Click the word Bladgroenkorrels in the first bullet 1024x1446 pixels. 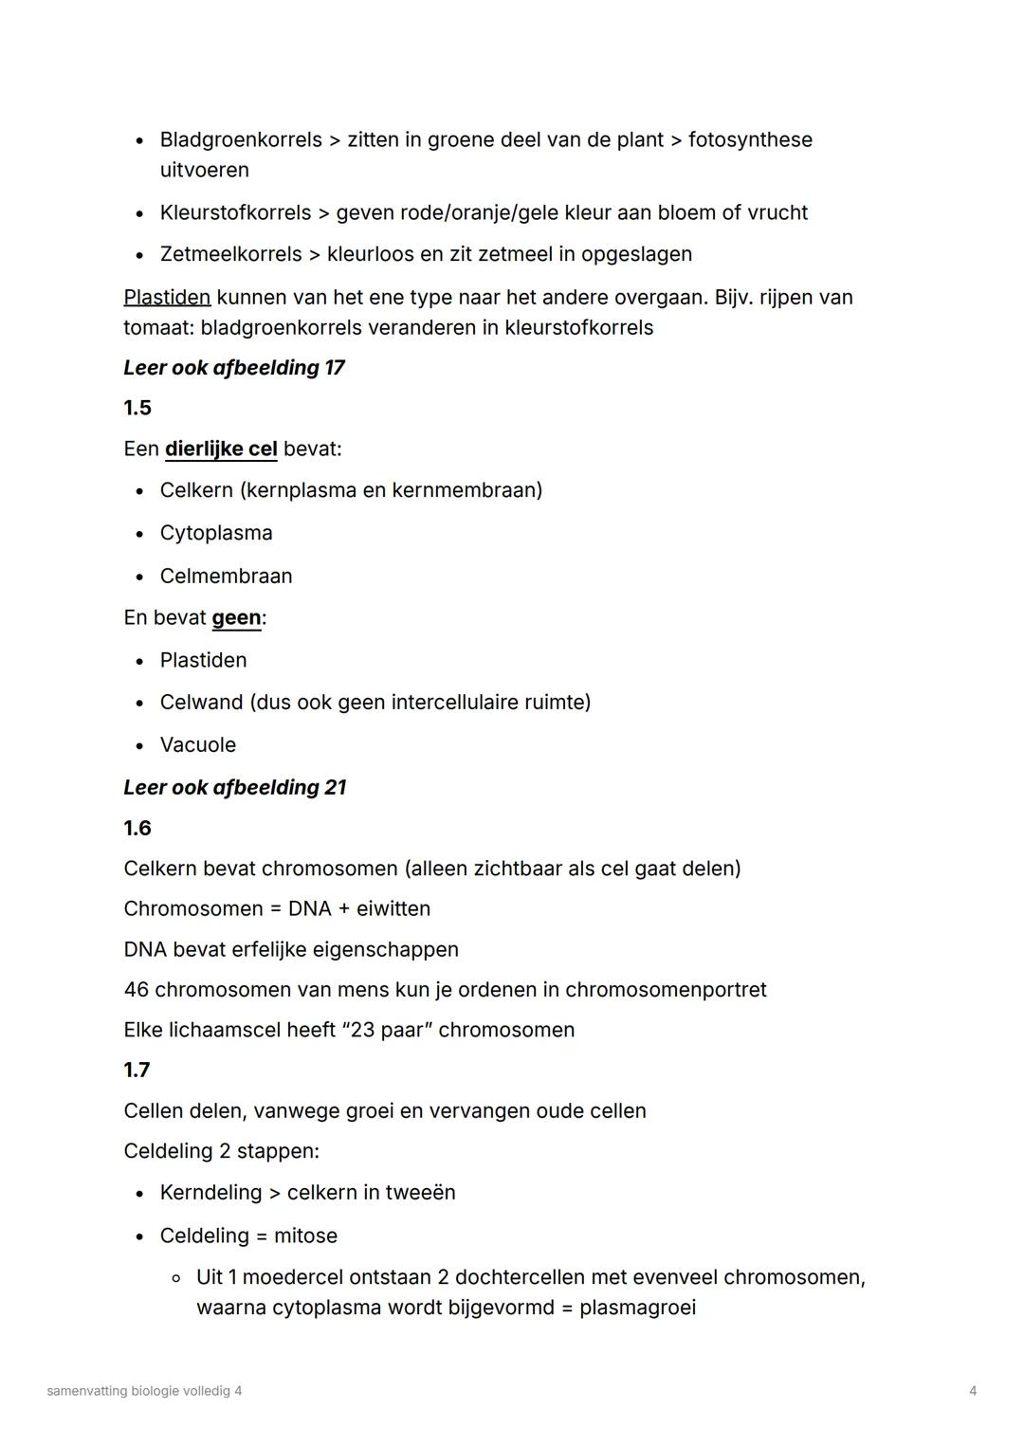(241, 140)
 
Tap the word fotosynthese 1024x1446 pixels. (750, 140)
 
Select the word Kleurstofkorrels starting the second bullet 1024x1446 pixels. (235, 212)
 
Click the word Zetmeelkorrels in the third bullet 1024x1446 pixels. (230, 254)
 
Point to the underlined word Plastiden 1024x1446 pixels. (167, 298)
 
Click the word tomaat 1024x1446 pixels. (157, 328)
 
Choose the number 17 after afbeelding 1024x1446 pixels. (334, 368)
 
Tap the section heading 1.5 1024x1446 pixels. (137, 408)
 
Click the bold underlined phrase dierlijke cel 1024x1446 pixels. (221, 448)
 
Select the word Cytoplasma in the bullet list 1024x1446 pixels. (216, 533)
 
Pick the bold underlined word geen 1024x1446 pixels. (236, 618)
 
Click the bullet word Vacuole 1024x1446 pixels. (198, 745)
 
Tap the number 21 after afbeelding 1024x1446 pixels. (335, 788)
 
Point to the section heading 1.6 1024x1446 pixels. (137, 829)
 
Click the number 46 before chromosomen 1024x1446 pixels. (136, 990)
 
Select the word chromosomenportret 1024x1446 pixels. (666, 990)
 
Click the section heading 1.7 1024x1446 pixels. (137, 1071)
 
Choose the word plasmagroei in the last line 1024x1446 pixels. (637, 1309)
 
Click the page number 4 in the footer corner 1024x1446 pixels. (973, 1391)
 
